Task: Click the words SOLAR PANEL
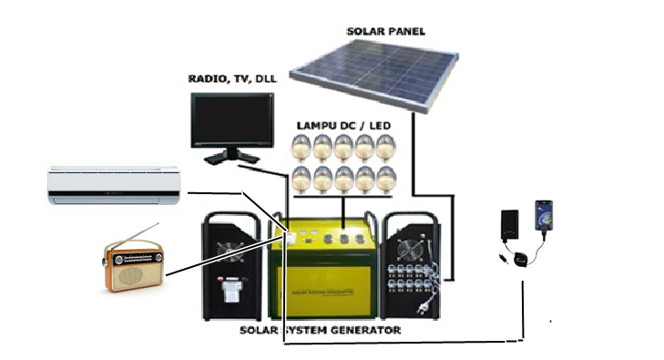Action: (385, 31)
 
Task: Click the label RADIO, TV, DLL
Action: (231, 78)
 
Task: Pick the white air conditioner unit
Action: (114, 184)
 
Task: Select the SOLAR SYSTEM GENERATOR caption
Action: (320, 329)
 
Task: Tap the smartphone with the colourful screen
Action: (543, 217)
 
